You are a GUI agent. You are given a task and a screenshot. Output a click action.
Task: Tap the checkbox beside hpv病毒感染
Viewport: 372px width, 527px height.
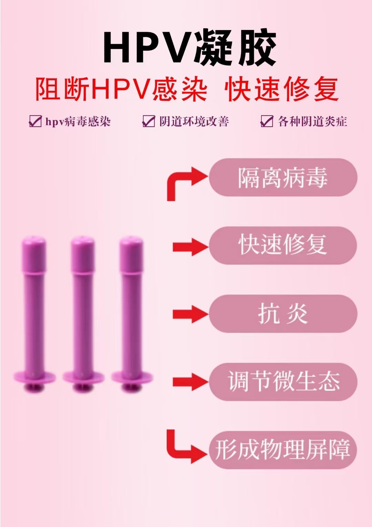pyautogui.click(x=35, y=121)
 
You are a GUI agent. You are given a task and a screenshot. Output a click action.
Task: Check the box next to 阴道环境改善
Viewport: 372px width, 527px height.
pyautogui.click(x=149, y=121)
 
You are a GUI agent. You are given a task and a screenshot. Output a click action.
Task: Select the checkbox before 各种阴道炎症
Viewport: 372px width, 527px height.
pyautogui.click(x=267, y=121)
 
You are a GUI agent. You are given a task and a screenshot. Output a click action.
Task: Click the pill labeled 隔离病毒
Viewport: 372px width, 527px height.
pyautogui.click(x=283, y=177)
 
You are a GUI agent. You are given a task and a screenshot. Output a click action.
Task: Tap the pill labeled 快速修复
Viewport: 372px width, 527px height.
pyautogui.click(x=283, y=245)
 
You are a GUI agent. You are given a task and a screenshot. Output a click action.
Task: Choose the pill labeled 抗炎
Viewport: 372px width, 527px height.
pyautogui.click(x=283, y=314)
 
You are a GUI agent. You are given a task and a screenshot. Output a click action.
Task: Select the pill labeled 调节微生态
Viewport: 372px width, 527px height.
pyautogui.click(x=283, y=381)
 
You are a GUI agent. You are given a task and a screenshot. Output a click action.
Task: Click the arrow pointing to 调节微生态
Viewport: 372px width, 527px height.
pyautogui.click(x=190, y=382)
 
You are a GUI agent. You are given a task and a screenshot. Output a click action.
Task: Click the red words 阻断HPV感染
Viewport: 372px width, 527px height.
pyautogui.click(x=121, y=90)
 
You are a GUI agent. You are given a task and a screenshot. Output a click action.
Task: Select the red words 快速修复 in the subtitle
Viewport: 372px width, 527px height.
pyautogui.click(x=281, y=90)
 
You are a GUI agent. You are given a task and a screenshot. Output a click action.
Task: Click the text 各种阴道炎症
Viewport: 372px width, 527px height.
pyautogui.click(x=312, y=122)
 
